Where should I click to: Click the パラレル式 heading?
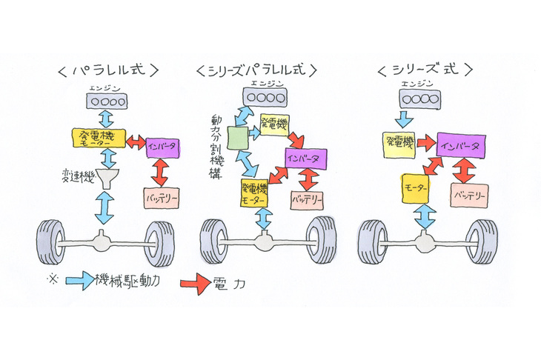[x=107, y=71]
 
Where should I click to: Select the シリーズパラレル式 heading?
[x=256, y=71]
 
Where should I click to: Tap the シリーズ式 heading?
[x=424, y=72]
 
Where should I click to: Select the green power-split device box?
[x=237, y=138]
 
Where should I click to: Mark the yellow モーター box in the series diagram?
[x=415, y=189]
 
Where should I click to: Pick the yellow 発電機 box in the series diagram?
[x=399, y=142]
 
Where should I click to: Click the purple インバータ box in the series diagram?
[x=462, y=144]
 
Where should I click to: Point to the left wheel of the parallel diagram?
[x=52, y=241]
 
